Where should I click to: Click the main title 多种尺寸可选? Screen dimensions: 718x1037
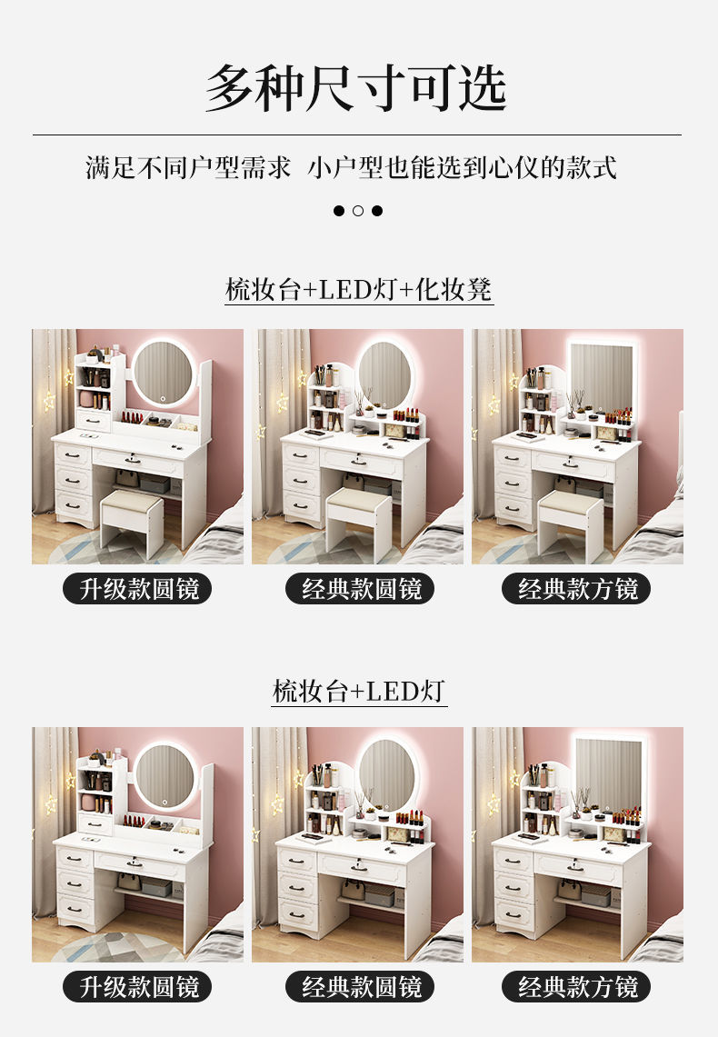pyautogui.click(x=356, y=89)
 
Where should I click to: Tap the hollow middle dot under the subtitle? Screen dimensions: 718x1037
pyautogui.click(x=358, y=211)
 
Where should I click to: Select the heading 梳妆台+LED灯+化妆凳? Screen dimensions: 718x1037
pyautogui.click(x=359, y=290)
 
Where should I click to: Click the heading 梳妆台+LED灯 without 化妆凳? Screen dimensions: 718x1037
pyautogui.click(x=359, y=691)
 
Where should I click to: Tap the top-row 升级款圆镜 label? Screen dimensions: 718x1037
pyautogui.click(x=137, y=589)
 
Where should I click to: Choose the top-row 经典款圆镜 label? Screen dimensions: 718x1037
pyautogui.click(x=360, y=589)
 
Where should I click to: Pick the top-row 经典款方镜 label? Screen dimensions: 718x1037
pyautogui.click(x=576, y=589)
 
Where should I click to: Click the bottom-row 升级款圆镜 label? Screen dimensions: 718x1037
pyautogui.click(x=137, y=987)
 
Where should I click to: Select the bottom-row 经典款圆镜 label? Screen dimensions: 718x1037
pyautogui.click(x=360, y=987)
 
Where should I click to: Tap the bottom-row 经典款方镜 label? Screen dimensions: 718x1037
pyautogui.click(x=576, y=987)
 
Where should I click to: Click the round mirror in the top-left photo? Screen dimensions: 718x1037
pyautogui.click(x=163, y=373)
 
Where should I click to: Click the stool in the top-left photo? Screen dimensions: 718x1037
pyautogui.click(x=132, y=523)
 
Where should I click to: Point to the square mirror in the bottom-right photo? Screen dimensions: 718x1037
pyautogui.click(x=608, y=773)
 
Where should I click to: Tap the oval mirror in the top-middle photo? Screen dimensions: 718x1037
pyautogui.click(x=384, y=374)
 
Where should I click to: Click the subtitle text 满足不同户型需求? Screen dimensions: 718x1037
pyautogui.click(x=188, y=168)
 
